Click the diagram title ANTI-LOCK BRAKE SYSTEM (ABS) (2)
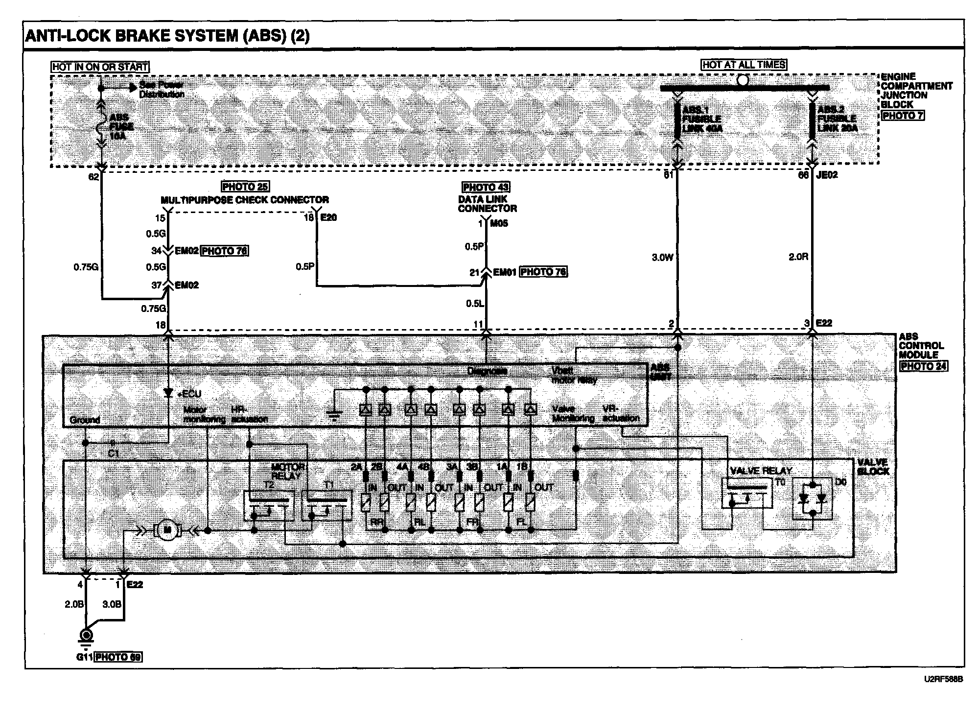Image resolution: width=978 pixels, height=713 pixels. coord(167,36)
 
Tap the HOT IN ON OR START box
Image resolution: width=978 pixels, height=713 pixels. coord(100,67)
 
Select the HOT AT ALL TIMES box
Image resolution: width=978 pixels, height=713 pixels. coord(744,65)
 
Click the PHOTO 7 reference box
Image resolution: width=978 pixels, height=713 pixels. coord(903,116)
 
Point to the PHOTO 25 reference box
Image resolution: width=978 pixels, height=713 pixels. coord(245,187)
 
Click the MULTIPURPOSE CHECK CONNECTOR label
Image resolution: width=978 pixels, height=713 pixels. coord(245,200)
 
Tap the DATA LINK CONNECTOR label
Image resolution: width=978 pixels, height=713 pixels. coord(487,204)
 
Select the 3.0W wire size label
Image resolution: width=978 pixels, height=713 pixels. coord(662,258)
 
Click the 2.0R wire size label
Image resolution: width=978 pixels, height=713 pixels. coord(798,257)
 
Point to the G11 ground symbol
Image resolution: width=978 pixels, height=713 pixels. coord(86,637)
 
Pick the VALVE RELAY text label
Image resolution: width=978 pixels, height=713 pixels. coord(761,471)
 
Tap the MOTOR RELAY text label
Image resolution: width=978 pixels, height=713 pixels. coord(288,471)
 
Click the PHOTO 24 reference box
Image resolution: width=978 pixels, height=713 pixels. coord(923,366)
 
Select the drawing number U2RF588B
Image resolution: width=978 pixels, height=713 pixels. coord(943,680)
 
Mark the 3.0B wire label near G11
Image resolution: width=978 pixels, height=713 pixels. coord(112,604)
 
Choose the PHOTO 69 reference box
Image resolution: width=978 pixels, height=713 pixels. coord(118,657)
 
